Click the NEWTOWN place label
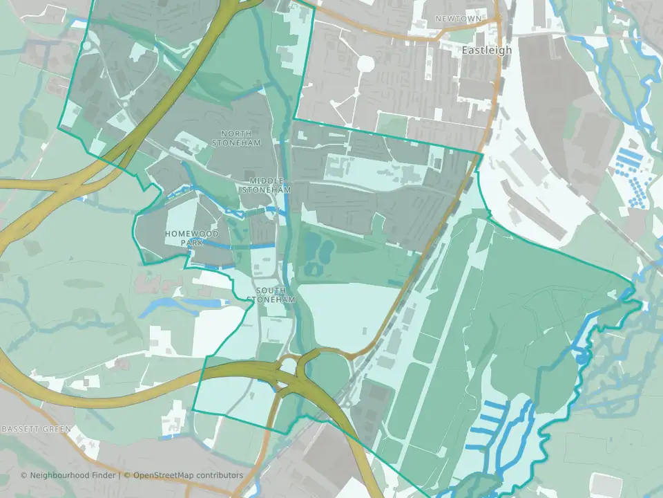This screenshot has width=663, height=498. click(457, 19)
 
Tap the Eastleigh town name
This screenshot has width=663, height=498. click(487, 50)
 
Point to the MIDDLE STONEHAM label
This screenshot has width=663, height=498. click(270, 185)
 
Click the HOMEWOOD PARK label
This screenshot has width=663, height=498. click(192, 238)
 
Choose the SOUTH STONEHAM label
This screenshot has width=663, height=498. click(275, 295)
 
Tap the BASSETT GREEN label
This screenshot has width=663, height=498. click(36, 430)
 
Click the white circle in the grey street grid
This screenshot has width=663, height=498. click(365, 64)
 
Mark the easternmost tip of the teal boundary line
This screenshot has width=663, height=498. click(635, 282)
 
